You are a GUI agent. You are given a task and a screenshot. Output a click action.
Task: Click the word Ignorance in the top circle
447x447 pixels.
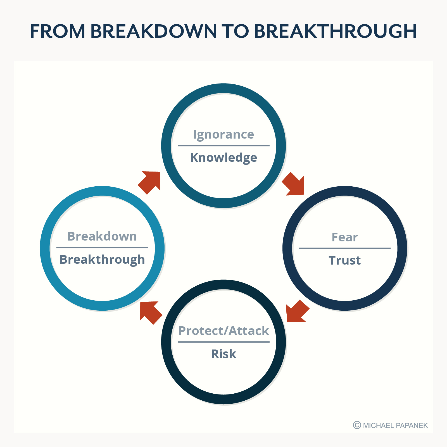223,135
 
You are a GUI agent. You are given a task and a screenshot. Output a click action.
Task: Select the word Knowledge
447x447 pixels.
223,158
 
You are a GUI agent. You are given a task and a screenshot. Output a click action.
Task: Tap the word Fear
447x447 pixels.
344,237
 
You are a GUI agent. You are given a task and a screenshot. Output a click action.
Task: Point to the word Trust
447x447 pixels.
344,260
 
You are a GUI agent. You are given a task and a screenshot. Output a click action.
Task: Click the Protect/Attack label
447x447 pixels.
223,331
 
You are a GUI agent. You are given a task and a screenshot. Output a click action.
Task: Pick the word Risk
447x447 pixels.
223,354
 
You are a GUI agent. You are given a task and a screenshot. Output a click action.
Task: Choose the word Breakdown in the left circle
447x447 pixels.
102,236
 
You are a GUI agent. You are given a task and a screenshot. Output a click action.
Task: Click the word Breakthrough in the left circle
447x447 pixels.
102,260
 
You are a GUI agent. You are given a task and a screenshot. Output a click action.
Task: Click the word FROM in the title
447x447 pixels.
57,31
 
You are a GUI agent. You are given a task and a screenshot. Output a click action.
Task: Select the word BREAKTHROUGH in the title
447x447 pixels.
336,31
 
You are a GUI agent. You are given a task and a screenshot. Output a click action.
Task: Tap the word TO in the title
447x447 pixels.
235,31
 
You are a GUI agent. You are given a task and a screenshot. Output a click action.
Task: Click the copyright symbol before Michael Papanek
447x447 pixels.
357,425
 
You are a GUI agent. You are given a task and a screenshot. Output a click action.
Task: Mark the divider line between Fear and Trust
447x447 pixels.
344,248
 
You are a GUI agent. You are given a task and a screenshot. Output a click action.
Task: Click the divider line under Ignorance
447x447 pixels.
223,146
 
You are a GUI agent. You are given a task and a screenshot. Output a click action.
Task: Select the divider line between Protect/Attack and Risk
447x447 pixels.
223,342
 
